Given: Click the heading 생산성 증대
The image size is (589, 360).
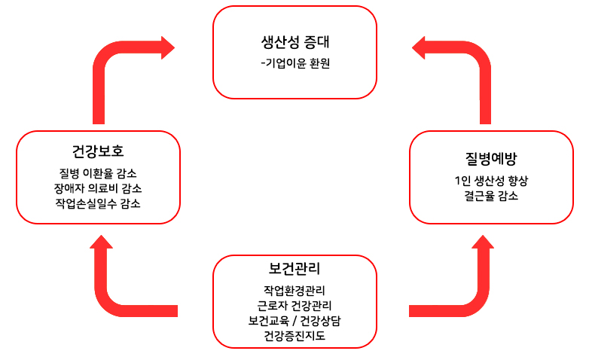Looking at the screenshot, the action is tap(294, 41).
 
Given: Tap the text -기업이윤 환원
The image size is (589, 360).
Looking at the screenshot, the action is tap(295, 63).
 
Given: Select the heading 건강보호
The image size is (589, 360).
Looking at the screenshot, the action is tap(98, 151).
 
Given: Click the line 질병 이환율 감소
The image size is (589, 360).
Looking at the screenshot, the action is tap(98, 173).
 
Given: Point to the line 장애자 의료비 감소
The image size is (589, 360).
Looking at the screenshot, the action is tap(98, 188).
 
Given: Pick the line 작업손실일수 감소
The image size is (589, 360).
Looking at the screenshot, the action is tap(98, 203).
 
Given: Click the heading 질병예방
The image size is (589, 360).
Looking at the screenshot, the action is tap(491, 158).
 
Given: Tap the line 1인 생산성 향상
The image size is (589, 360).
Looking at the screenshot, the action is tap(491, 181).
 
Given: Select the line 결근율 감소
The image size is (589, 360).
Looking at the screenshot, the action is tap(491, 196).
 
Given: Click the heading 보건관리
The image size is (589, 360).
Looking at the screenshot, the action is tap(294, 268).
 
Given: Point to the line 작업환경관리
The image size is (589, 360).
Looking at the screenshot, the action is tap(294, 291).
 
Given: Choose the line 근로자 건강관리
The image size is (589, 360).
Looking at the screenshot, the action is tap(294, 306).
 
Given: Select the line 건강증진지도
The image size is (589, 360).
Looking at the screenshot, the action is tap(294, 336).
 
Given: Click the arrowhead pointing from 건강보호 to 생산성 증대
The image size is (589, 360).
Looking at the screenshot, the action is tap(168, 47).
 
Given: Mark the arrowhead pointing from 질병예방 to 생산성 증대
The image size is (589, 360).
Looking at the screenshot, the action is tap(419, 47).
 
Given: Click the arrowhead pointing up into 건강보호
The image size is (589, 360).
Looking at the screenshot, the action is tap(101, 242).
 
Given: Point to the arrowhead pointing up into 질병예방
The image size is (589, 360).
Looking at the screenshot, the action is tap(483, 242).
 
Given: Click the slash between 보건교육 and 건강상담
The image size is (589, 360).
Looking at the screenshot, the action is tap(294, 321).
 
